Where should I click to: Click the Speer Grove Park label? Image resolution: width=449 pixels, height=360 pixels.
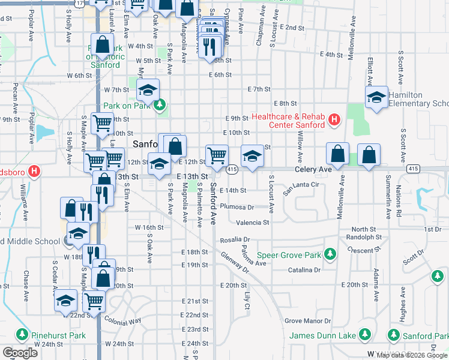tap(289, 255)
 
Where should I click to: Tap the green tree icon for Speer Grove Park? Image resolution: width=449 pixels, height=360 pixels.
tap(330, 255)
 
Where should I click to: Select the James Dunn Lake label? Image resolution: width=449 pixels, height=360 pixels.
tap(322, 335)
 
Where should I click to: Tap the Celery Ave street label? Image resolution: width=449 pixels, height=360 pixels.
tap(313, 170)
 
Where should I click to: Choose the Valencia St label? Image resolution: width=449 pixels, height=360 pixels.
tap(253, 223)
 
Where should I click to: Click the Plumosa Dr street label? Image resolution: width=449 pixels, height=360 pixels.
tap(237, 206)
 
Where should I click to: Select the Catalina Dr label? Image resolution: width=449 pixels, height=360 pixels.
tap(303, 271)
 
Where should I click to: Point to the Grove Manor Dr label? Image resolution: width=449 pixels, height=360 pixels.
tap(308, 322)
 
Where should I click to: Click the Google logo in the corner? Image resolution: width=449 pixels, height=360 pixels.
tap(20, 353)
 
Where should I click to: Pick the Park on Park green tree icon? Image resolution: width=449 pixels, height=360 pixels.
tap(159, 106)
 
